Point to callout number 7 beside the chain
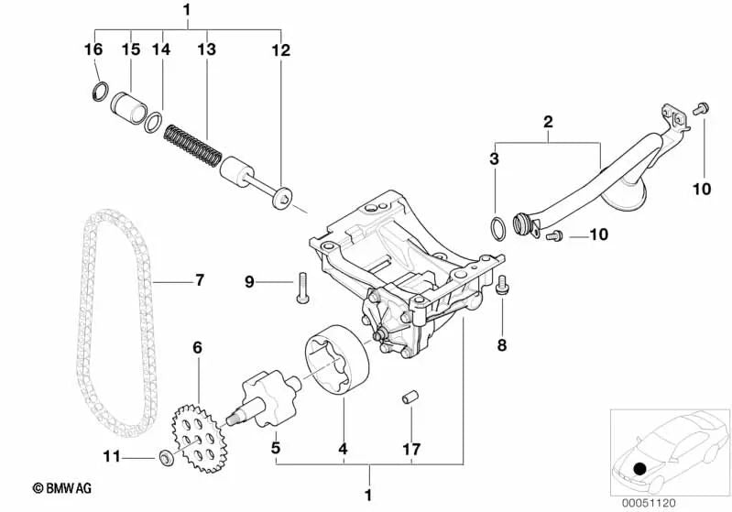(x=200, y=279)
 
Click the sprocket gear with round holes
(x=200, y=430)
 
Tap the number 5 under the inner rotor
(x=274, y=448)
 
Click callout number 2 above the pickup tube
(x=548, y=120)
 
